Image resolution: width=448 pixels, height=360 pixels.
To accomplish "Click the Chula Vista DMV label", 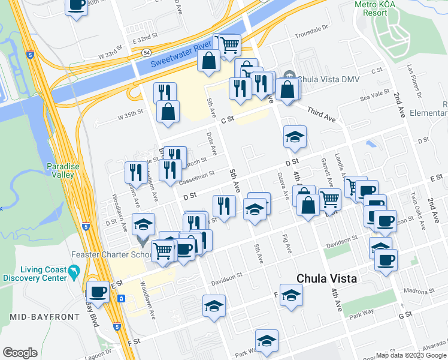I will tap(324, 77).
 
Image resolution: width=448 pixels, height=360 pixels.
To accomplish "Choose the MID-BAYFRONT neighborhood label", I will tap(45, 316).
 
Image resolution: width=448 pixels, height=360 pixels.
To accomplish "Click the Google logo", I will tap(20, 353).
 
